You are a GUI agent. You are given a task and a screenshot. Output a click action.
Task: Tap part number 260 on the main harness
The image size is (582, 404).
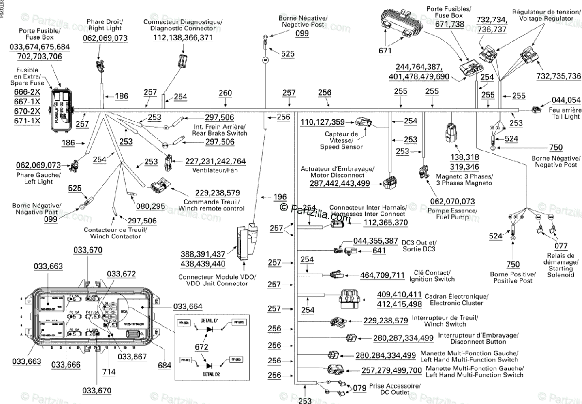[226, 93]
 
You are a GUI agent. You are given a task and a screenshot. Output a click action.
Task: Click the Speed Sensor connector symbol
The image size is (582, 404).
[365, 123]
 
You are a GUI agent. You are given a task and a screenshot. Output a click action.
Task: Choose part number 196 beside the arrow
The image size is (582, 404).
[280, 197]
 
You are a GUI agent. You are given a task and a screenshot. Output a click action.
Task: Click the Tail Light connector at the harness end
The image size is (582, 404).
[536, 110]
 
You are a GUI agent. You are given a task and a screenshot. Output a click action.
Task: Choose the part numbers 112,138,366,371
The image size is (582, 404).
[183, 38]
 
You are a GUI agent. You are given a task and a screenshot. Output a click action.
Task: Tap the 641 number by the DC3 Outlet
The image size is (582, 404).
[379, 251]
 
